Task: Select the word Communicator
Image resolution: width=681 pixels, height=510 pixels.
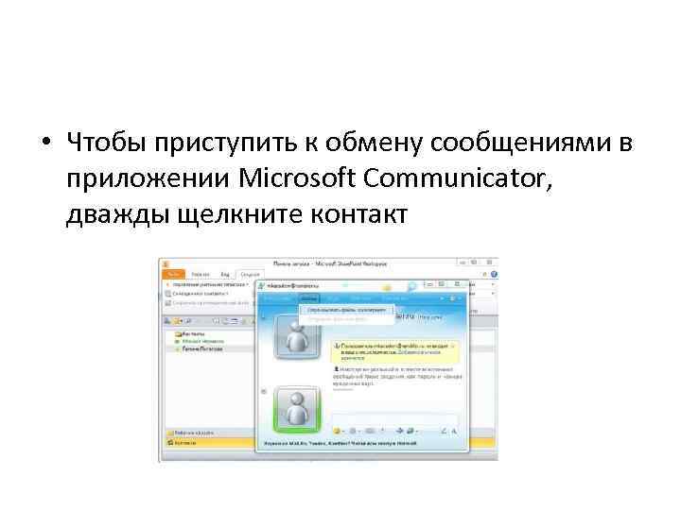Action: (445, 178)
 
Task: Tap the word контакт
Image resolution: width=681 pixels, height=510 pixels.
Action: (356, 213)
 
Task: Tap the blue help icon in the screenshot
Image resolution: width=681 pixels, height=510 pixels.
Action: (413, 286)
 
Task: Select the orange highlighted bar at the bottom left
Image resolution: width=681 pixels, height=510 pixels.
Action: (209, 441)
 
